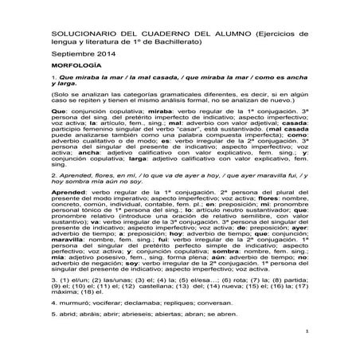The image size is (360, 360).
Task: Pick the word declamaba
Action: point(137,305)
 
